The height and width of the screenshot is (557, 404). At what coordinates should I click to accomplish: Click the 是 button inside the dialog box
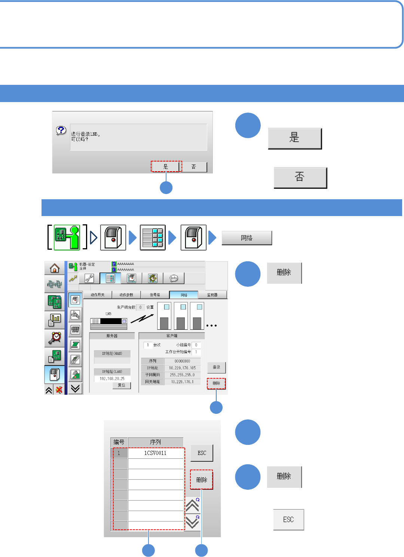166,167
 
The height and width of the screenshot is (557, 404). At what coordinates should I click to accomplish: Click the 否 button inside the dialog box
194,167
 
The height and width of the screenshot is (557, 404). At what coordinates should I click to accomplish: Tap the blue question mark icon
61,130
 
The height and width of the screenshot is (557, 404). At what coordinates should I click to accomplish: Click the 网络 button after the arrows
247,238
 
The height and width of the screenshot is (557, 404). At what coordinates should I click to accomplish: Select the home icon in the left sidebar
55,268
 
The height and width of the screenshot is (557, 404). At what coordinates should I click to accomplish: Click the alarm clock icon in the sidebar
55,338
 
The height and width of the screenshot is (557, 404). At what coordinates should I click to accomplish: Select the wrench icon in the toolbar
89,278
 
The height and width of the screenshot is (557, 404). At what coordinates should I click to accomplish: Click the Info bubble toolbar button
174,278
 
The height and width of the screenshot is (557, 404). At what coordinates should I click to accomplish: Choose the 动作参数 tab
126,295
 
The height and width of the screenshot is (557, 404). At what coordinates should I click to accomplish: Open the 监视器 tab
212,295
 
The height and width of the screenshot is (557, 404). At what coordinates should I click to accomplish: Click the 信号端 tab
155,295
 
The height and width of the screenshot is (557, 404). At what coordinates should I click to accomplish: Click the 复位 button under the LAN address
122,385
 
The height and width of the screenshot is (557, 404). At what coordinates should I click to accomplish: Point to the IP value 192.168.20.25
112,379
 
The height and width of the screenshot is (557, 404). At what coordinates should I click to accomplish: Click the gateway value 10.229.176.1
182,382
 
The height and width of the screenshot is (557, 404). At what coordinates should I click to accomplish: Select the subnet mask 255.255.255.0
182,375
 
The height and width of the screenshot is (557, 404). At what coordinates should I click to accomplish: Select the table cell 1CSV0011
155,453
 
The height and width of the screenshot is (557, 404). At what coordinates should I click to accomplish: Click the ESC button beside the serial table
202,453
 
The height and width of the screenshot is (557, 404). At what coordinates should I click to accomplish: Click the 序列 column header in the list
155,442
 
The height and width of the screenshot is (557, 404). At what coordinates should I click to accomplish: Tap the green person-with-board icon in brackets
67,237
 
